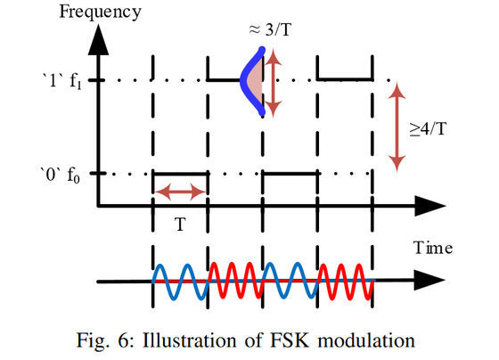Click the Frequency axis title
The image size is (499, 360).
tap(100, 13)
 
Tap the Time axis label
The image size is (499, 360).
tap(433, 248)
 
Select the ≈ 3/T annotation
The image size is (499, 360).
tap(270, 30)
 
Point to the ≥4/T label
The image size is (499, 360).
tap(428, 129)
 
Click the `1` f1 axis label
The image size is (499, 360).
tap(62, 81)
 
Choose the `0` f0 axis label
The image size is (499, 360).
tap(61, 175)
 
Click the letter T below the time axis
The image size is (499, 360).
tap(180, 224)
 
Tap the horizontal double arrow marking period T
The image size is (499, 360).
tap(180, 192)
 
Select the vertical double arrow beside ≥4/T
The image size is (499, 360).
tap(397, 127)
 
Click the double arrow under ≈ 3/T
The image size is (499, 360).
tap(273, 83)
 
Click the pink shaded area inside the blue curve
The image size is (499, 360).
tap(255, 80)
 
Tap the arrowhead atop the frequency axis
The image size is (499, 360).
tap(99, 40)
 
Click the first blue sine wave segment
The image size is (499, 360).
tap(181, 282)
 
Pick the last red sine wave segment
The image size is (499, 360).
tap(346, 282)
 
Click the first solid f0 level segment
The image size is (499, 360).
tap(180, 174)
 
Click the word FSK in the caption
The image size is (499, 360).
tap(290, 340)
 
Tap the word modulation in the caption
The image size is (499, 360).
tap(366, 340)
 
